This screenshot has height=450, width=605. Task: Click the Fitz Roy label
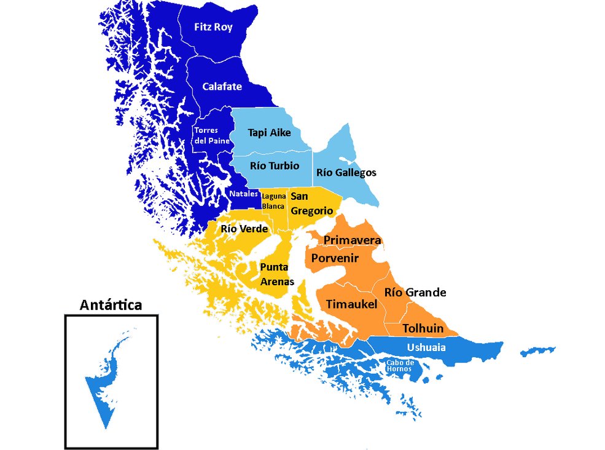tap(213, 28)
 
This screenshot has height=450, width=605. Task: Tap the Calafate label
tap(222, 87)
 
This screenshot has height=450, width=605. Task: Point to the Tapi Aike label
tap(269, 132)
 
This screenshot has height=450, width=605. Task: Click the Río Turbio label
tap(275, 166)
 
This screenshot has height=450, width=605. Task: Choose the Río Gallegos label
tap(346, 173)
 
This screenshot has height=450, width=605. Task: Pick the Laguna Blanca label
tap(273, 201)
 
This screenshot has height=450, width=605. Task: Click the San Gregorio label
tap(311, 203)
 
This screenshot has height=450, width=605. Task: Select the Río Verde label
tap(244, 229)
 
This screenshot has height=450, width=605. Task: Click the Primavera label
tap(353, 240)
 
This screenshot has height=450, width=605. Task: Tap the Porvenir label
tap(335, 258)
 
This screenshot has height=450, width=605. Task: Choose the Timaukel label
tap(351, 304)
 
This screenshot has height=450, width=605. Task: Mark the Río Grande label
tap(415, 292)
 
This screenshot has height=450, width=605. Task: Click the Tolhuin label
tap(423, 328)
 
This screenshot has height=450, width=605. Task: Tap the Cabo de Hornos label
tap(399, 366)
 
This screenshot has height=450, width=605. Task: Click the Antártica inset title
tap(111, 305)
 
